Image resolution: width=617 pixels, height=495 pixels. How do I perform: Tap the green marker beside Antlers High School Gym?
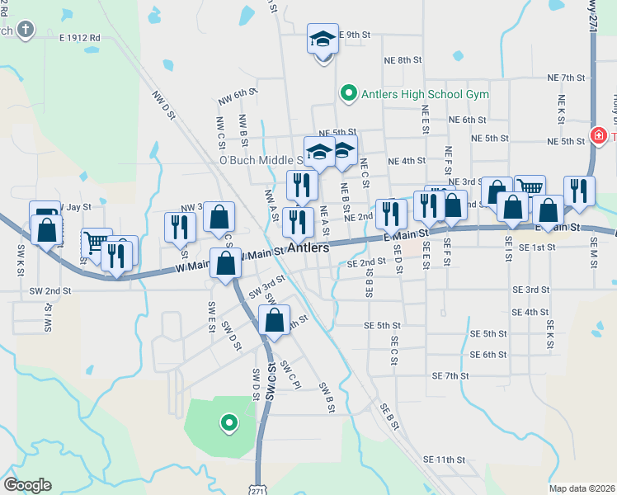[x=348, y=94]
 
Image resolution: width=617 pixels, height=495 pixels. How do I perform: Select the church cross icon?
[x=26, y=31]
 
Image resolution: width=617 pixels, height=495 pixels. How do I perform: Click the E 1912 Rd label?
[x=79, y=38]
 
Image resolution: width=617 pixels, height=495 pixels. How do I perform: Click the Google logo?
[x=27, y=485]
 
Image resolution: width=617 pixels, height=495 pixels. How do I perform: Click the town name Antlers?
[x=308, y=247]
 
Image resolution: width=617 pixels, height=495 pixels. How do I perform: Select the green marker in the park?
[x=228, y=424]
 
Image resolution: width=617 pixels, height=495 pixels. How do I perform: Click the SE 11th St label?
[x=445, y=459]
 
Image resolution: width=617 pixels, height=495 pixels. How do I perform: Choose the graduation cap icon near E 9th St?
[x=323, y=38]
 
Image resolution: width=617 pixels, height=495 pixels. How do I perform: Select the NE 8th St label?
[x=403, y=60]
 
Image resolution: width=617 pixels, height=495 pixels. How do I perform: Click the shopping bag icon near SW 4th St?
[x=275, y=319]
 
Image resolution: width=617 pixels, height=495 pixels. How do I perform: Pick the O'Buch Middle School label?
[x=261, y=160]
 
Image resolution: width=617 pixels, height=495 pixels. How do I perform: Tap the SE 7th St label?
[x=450, y=375]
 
